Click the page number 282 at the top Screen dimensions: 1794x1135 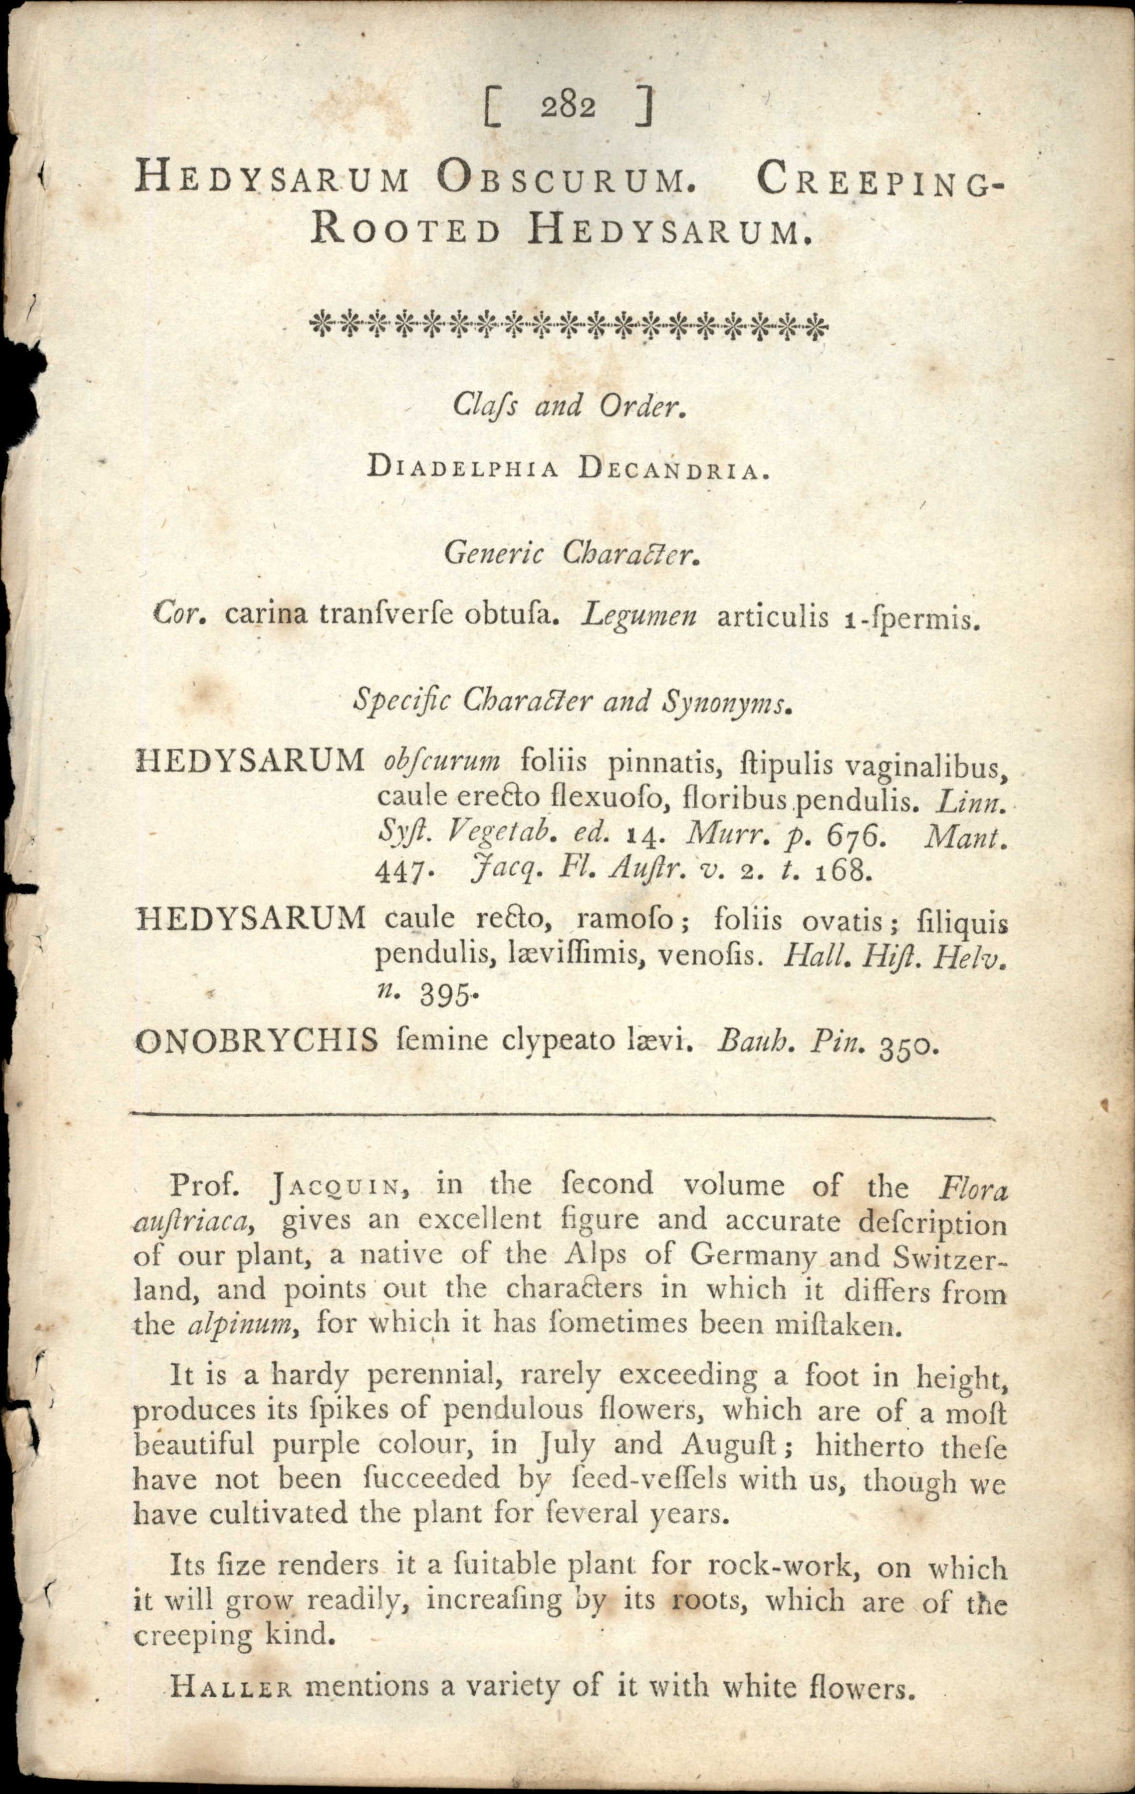tap(567, 107)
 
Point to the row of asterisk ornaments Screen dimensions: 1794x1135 tap(567, 326)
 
